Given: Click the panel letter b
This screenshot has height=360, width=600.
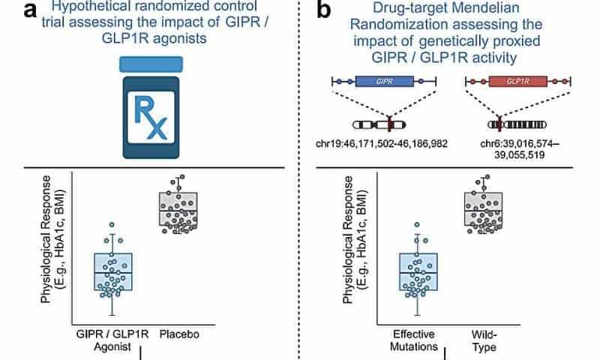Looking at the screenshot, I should [325, 13].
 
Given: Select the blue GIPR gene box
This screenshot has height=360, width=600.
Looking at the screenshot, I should [385, 81].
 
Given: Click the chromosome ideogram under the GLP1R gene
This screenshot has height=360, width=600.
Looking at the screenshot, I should [518, 124].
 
